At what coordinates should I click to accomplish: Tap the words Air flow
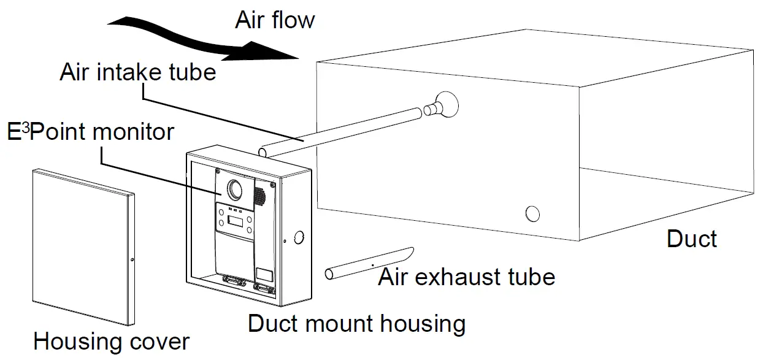(274, 20)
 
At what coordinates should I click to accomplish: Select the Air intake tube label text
(137, 72)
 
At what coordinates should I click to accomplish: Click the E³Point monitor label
(90, 131)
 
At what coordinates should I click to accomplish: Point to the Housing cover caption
(111, 341)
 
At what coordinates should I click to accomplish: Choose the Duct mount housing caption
(356, 323)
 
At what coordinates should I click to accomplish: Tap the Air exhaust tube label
(466, 277)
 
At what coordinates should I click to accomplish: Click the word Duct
(691, 239)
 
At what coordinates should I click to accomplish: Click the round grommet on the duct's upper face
(446, 104)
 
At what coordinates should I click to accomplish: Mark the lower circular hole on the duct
(532, 213)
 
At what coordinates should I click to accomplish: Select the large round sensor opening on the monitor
(235, 190)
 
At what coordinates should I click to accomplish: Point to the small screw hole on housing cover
(132, 260)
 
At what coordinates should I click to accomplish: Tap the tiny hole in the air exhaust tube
(373, 264)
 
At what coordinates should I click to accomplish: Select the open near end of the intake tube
(262, 150)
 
